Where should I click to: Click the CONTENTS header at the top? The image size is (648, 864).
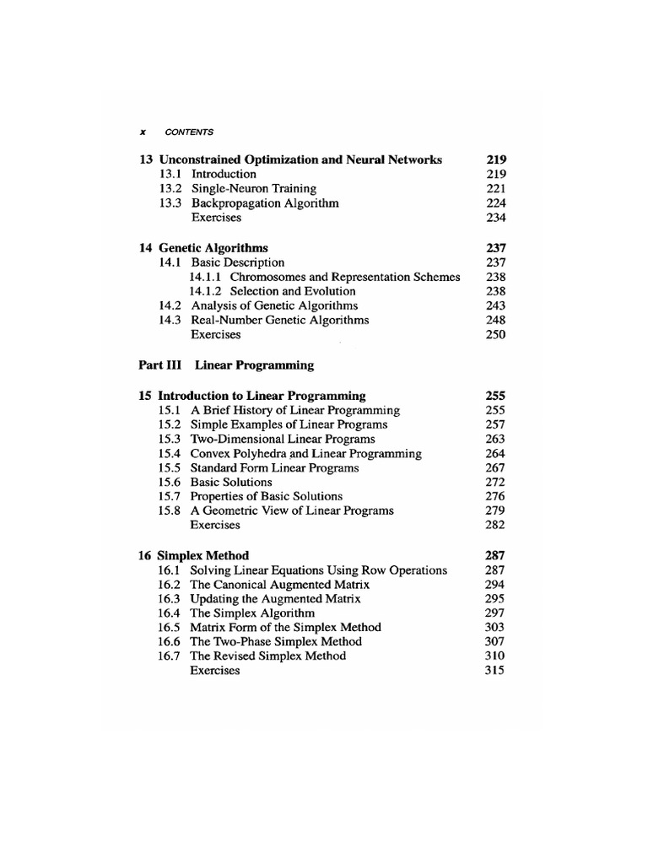[189, 132]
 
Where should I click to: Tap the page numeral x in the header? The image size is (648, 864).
[143, 132]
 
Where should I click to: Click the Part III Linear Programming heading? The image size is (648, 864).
[225, 365]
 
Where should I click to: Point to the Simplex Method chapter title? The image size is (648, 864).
[203, 556]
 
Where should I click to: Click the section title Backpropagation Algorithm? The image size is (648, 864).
[265, 203]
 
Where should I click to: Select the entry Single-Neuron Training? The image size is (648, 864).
[253, 189]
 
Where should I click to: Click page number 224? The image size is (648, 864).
[495, 203]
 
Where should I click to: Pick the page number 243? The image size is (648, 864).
[495, 305]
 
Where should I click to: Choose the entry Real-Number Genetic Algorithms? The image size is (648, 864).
[279, 321]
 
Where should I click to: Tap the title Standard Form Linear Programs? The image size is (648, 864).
[274, 467]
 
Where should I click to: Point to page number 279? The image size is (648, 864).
[495, 510]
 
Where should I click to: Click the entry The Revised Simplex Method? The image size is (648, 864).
[267, 656]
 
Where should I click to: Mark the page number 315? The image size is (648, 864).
[495, 671]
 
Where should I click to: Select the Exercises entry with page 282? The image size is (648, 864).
[215, 525]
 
